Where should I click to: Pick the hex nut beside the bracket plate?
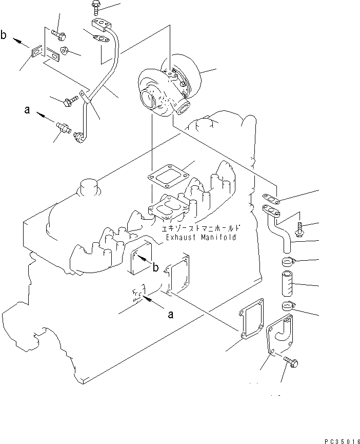pyautogui.click(x=66, y=50)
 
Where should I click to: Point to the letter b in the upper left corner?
pyautogui.click(x=4, y=36)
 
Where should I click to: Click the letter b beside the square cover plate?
pyautogui.click(x=154, y=266)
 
